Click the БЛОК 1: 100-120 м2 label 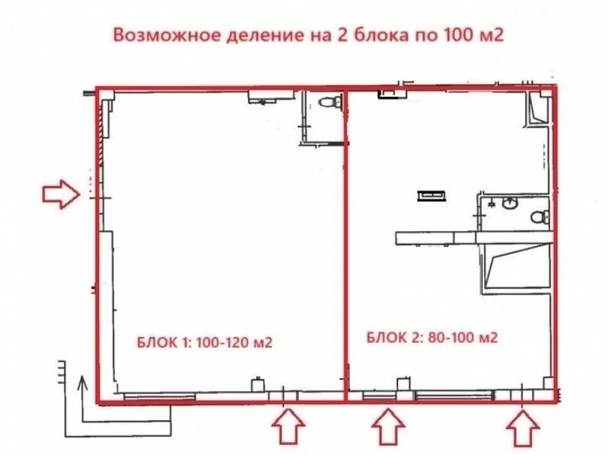[x=205, y=343]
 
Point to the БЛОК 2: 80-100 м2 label [x=432, y=337]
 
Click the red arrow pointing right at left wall [x=61, y=194]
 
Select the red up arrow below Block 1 [x=288, y=427]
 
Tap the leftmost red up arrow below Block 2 [x=389, y=427]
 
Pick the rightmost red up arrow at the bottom [x=523, y=427]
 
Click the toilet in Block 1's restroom [x=330, y=102]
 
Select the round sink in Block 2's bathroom [x=509, y=203]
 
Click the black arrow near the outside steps [x=81, y=399]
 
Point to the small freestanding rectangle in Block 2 [x=432, y=196]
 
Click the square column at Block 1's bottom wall [x=258, y=384]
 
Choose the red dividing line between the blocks [x=345, y=244]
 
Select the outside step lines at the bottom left [x=61, y=371]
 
